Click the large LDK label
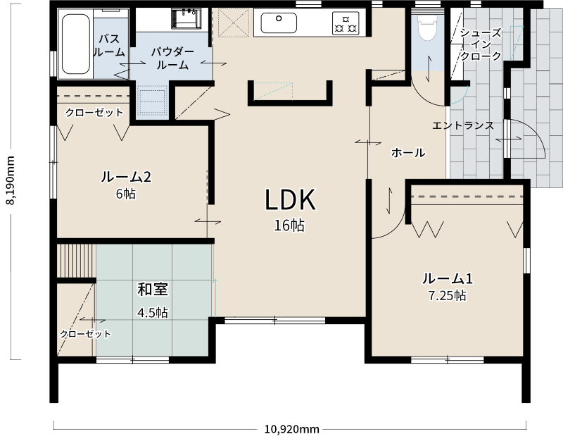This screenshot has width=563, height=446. [290, 200]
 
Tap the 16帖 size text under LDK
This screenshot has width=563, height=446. [290, 226]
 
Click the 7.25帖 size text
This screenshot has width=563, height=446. [447, 295]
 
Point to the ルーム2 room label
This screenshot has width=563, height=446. [127, 178]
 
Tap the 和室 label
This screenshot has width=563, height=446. [152, 290]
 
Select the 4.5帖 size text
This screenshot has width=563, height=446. [152, 312]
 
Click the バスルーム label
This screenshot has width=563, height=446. [111, 44]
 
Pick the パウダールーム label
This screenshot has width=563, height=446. [172, 58]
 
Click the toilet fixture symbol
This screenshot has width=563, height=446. [427, 30]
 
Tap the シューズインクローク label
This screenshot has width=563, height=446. [480, 44]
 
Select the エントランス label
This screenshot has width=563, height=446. [462, 125]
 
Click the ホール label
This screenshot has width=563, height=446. [407, 152]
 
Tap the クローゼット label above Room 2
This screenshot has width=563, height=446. [94, 113]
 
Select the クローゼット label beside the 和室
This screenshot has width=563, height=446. [85, 334]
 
